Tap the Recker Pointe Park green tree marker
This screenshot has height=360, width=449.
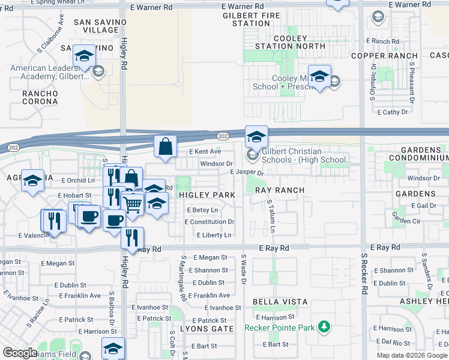point(325,327)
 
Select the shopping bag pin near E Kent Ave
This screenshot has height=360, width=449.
point(165,147)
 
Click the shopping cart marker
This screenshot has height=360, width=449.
point(133,204)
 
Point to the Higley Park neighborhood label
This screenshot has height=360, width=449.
point(207,196)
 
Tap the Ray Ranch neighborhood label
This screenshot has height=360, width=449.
point(280,190)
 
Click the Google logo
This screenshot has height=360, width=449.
point(20,353)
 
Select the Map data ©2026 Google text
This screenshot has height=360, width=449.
point(412,355)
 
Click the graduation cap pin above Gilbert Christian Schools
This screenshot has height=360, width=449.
point(256,137)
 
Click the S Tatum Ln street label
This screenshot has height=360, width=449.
point(271,217)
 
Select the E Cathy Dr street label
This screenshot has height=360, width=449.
point(392,112)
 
